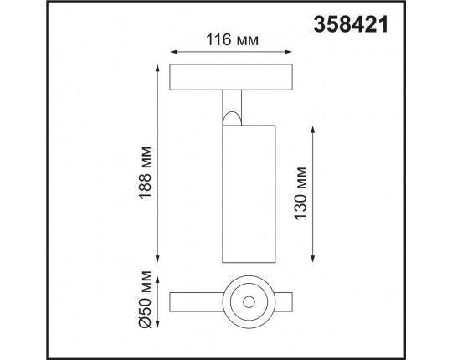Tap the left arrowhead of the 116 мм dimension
tap(172, 51)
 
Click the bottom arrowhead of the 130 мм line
tap(314, 258)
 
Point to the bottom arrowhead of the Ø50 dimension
tap(158, 319)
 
